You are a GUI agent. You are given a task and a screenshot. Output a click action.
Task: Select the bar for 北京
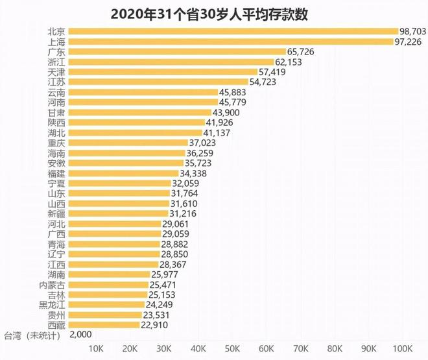pyautogui.click(x=233, y=30)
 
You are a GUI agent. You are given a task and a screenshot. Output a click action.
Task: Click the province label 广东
pyautogui.click(x=56, y=51)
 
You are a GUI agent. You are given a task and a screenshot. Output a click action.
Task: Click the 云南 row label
pyautogui.click(x=56, y=92)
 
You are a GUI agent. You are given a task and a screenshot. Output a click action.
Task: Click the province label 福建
pyautogui.click(x=56, y=173)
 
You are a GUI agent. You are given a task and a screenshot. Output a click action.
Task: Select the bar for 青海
pyautogui.click(x=114, y=244)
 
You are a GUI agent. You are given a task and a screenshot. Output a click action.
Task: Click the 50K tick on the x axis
pyautogui.click(x=234, y=350)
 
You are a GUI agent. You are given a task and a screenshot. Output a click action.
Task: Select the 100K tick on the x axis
pyautogui.click(x=402, y=350)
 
